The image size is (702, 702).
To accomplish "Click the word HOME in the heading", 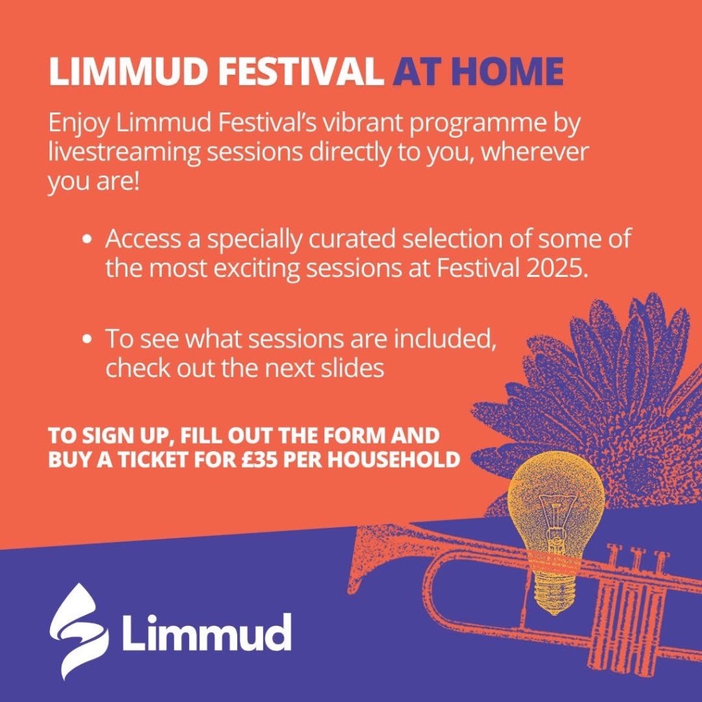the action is [507, 71].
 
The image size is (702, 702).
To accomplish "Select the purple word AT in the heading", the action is [417, 71].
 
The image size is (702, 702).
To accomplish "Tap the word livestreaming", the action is [124, 153].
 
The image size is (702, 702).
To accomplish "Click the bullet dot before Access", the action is [88, 240].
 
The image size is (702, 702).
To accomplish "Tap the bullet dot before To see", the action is [88, 339].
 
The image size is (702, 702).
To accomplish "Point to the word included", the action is [444, 339].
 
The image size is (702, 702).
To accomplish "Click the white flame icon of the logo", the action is [79, 631].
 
